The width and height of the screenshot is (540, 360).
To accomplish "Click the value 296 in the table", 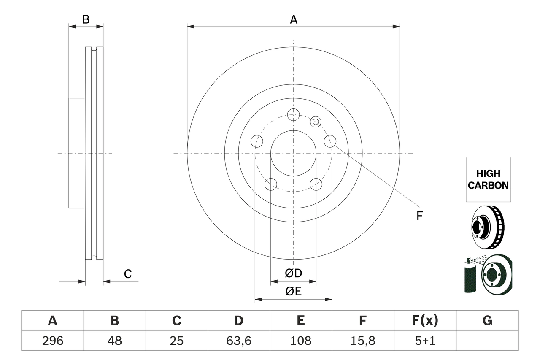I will [x=52, y=341].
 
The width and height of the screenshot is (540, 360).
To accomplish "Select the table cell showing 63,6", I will [x=239, y=341].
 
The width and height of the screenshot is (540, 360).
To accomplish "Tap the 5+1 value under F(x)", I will [x=425, y=341].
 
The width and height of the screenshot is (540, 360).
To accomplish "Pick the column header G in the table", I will [x=487, y=321].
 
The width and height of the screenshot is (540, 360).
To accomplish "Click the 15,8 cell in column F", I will [x=363, y=341].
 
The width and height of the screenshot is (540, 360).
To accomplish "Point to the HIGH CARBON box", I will [x=488, y=179].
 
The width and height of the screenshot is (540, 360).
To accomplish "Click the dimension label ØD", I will [x=294, y=273].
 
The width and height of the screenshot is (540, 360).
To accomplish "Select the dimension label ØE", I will [x=294, y=292].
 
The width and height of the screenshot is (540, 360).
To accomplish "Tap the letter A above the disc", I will [x=293, y=19].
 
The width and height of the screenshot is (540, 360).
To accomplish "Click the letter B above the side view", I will [x=86, y=19].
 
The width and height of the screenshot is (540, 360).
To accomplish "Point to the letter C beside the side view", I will [x=128, y=274].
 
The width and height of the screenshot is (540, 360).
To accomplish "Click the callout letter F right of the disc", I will [x=419, y=216].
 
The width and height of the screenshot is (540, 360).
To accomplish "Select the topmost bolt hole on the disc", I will [x=293, y=114].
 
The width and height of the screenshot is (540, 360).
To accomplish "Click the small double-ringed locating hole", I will [x=316, y=122].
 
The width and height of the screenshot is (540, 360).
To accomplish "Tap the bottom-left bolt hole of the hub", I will [x=270, y=184].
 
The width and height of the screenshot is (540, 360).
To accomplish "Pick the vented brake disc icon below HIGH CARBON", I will [x=488, y=227].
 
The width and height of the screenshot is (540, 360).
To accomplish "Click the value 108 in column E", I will [x=301, y=341].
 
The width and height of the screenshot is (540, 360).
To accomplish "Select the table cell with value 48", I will [x=114, y=341].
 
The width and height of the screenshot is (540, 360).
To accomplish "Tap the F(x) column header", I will [x=425, y=321].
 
